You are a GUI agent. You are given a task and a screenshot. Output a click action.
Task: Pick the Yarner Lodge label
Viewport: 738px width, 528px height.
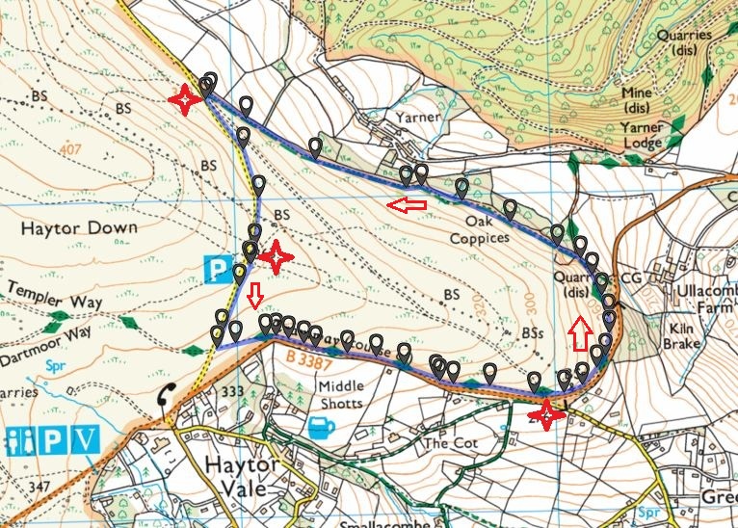point(655,135)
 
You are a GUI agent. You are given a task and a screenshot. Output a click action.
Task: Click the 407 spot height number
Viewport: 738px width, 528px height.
point(68,149)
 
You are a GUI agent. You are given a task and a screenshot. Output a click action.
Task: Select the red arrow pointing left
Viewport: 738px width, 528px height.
point(408,203)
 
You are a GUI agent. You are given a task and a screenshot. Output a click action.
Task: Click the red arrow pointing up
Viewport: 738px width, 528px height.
point(579,336)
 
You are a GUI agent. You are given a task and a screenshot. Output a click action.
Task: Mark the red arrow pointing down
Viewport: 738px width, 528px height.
point(254,297)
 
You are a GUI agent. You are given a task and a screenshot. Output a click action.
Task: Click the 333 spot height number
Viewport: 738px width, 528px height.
point(231,392)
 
